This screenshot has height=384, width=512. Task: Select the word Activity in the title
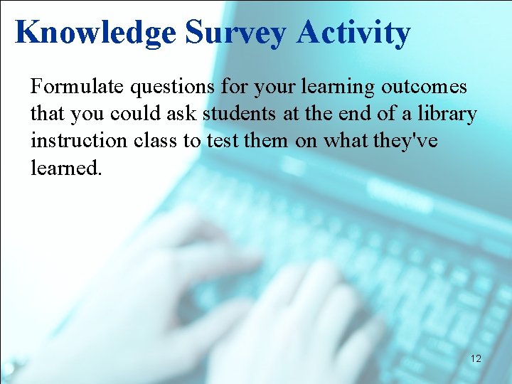point(353,33)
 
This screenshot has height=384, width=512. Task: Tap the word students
point(236,114)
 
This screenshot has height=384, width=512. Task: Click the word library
point(452,114)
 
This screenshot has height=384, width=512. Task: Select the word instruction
point(79,142)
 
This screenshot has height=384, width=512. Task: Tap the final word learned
point(62,169)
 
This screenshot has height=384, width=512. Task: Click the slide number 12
point(476,359)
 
